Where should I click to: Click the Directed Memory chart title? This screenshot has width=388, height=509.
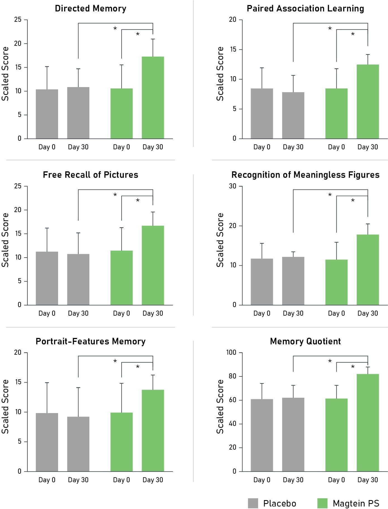pyautogui.click(x=91, y=9)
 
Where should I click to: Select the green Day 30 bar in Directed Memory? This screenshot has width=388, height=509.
pyautogui.click(x=153, y=98)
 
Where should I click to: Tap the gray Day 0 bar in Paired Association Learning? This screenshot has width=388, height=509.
pyautogui.click(x=262, y=114)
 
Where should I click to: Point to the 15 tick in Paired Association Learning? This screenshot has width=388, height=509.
pyautogui.click(x=233, y=49)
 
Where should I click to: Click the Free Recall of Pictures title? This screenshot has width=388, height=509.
pyautogui.click(x=91, y=175)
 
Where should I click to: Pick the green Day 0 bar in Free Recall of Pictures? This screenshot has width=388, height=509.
pyautogui.click(x=122, y=278)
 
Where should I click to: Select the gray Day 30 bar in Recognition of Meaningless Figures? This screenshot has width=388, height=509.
pyautogui.click(x=293, y=281)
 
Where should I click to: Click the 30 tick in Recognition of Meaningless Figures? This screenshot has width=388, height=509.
pyautogui.click(x=233, y=186)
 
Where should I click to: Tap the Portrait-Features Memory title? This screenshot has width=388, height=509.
pyautogui.click(x=91, y=342)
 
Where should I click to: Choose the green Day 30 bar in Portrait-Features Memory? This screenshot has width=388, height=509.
pyautogui.click(x=153, y=431)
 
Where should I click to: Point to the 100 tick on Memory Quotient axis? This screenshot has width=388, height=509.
pyautogui.click(x=231, y=353)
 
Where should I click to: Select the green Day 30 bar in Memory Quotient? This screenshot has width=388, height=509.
pyautogui.click(x=368, y=423)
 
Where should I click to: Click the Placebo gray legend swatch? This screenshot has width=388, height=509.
pyautogui.click(x=253, y=503)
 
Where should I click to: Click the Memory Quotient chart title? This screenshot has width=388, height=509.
pyautogui.click(x=305, y=342)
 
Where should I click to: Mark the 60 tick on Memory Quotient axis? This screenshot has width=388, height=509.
pyautogui.click(x=233, y=400)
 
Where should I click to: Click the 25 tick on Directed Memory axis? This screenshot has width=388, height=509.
pyautogui.click(x=18, y=20)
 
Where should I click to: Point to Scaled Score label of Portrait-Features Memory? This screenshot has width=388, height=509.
pyautogui.click(x=5, y=406)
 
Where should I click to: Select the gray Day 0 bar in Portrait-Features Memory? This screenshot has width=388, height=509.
pyautogui.click(x=47, y=442)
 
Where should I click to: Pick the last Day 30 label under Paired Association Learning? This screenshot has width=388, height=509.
pyautogui.click(x=368, y=147)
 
